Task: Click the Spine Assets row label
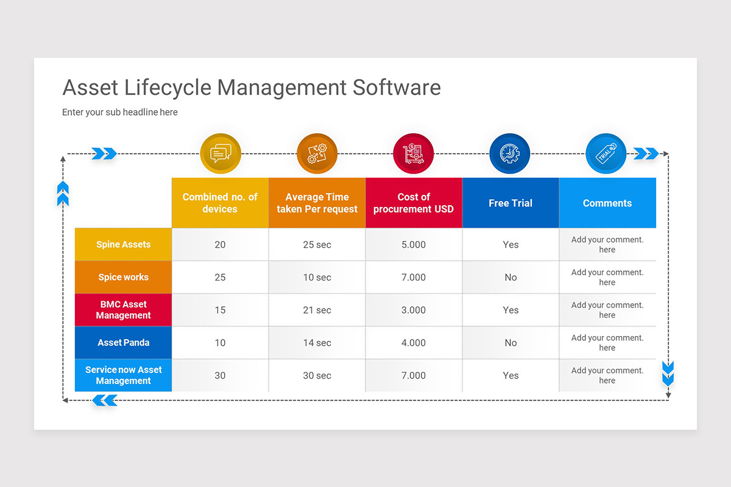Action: tap(123, 245)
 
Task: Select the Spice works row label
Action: tap(123, 277)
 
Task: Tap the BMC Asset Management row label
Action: tap(123, 310)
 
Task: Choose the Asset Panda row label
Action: tap(123, 343)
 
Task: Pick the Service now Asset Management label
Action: tap(123, 375)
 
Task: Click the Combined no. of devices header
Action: tap(220, 203)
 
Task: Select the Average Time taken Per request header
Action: tap(317, 203)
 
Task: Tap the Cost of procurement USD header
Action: tap(414, 203)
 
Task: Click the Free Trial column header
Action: tap(510, 203)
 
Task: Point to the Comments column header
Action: tap(607, 203)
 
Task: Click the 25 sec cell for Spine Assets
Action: tap(317, 245)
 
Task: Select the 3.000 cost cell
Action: tap(414, 310)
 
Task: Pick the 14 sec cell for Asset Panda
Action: tap(317, 343)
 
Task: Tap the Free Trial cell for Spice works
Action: tap(510, 277)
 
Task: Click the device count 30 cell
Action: tap(220, 376)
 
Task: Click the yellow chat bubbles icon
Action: tap(221, 153)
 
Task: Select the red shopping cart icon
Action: tap(414, 153)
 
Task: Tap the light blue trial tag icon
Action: tap(606, 153)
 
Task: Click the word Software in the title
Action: tap(397, 88)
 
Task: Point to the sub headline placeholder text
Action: tap(120, 112)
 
